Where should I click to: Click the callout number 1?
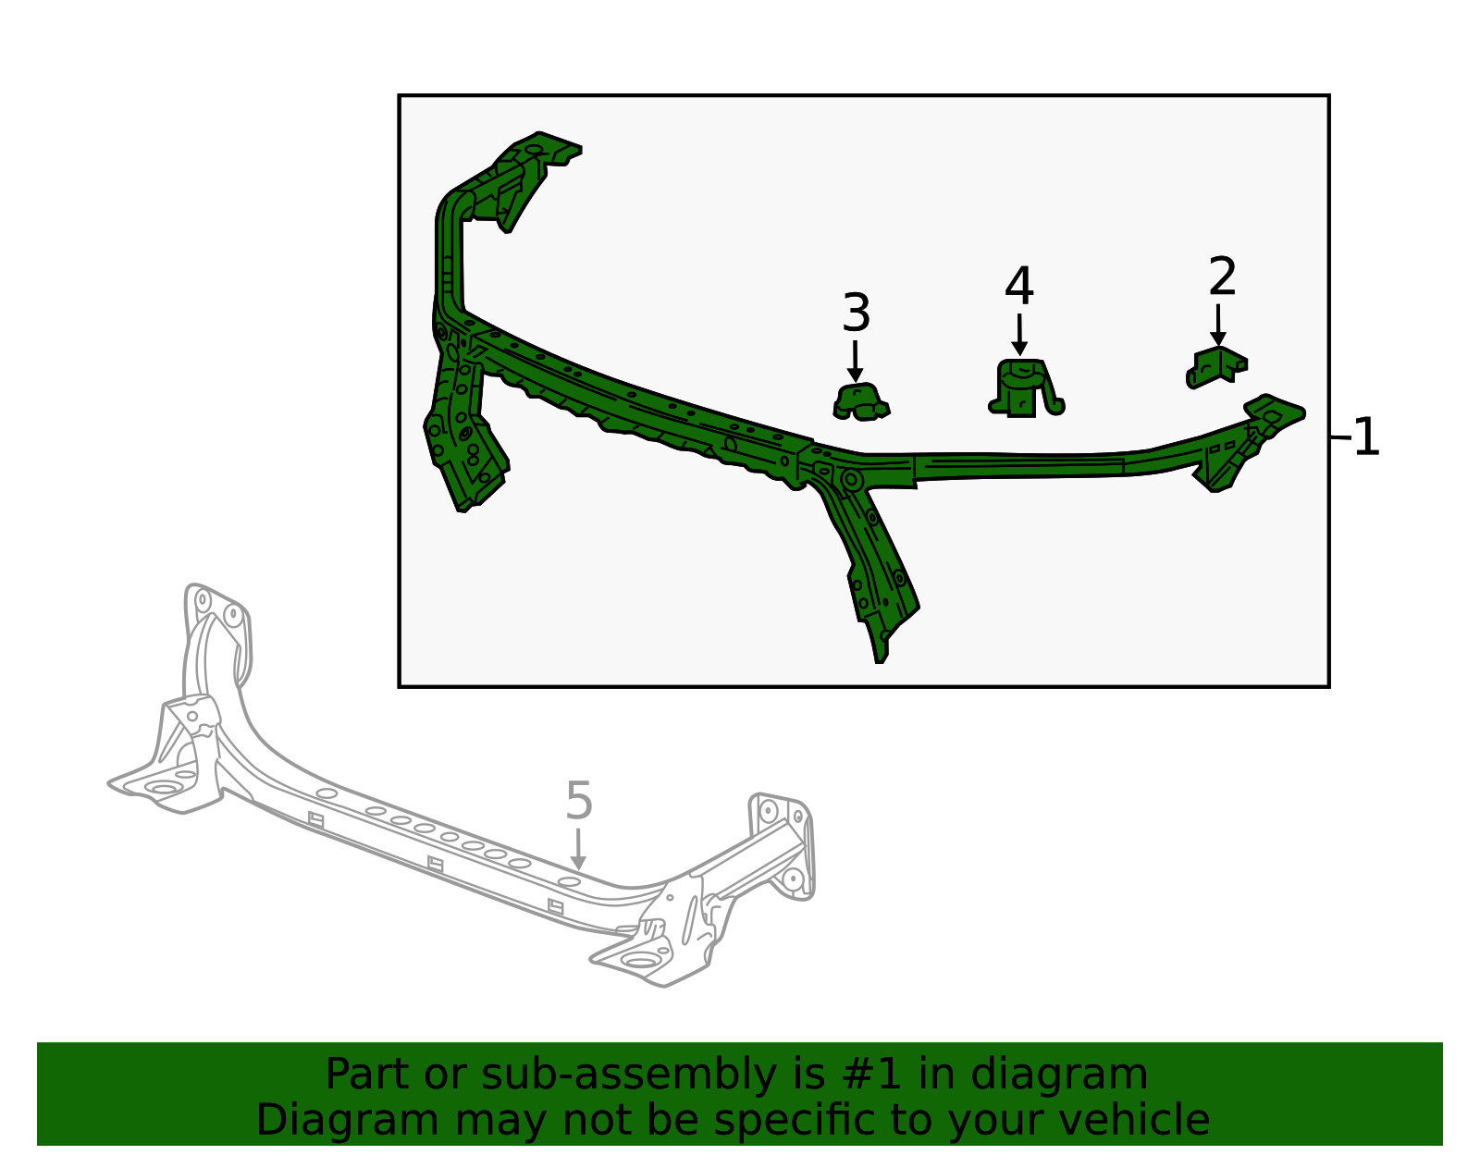click(x=1366, y=437)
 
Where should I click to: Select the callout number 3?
click(x=856, y=313)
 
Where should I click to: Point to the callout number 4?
click(x=1018, y=287)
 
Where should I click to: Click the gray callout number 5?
click(x=578, y=801)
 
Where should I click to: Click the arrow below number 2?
click(x=1218, y=325)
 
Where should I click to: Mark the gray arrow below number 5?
click(x=578, y=849)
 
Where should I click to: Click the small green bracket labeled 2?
click(x=1216, y=367)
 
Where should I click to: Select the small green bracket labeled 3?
click(x=860, y=402)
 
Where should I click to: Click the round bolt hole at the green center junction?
click(x=851, y=480)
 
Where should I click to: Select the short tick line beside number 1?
click(x=1340, y=436)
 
